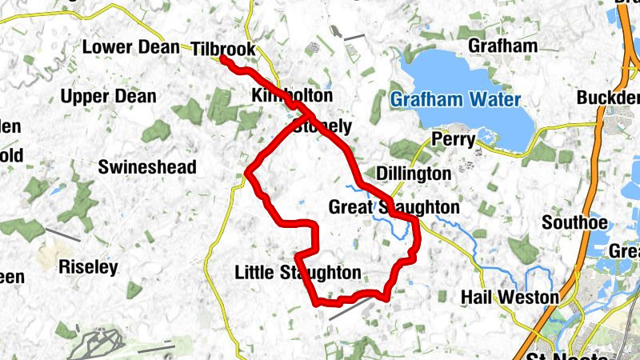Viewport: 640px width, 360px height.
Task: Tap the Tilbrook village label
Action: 223,50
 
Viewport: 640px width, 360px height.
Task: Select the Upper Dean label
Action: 108,97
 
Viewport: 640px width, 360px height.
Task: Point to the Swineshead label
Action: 146,167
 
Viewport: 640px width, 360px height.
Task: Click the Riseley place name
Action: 88,267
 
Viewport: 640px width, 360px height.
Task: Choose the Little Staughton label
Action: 298,273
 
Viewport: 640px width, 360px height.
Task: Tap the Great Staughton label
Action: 394,208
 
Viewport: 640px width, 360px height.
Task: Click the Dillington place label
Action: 413,174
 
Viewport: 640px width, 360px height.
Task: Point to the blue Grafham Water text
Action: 455,100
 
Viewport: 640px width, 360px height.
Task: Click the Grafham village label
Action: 502,46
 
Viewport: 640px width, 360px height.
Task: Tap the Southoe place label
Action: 574,222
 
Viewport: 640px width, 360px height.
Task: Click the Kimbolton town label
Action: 291,95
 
